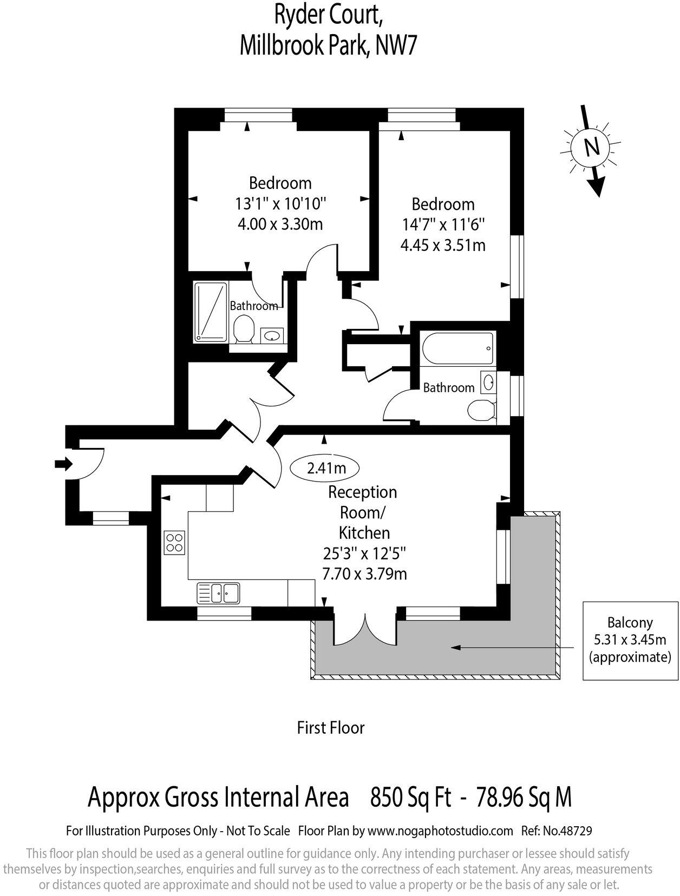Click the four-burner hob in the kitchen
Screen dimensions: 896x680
coord(174,542)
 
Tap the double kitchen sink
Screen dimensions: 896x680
coord(219,592)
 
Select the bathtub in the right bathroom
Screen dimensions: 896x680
coord(457,348)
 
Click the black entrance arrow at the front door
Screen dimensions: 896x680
coord(63,464)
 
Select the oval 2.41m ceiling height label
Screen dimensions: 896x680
coord(325,467)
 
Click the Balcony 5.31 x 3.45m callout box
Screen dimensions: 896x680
coord(630,640)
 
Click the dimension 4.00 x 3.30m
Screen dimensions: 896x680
coord(280,223)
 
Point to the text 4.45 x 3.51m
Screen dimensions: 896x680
coord(443,245)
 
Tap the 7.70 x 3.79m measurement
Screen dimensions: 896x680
coord(364,574)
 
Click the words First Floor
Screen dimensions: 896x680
coord(330,728)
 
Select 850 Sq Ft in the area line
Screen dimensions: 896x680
coord(410,797)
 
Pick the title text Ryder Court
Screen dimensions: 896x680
coord(329,16)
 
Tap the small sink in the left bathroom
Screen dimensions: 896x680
coord(271,335)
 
